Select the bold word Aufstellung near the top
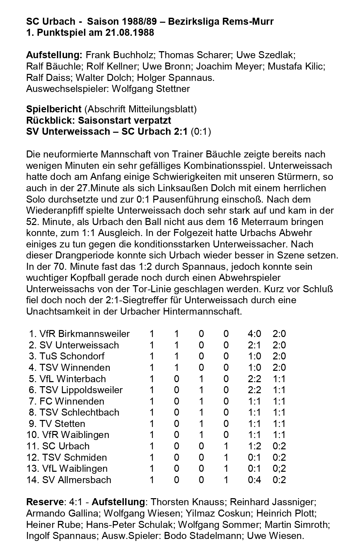click(54, 55)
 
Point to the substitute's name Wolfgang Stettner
click(151, 89)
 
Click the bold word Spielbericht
click(54, 109)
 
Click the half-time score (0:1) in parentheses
click(201, 132)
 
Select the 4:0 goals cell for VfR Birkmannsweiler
click(254, 334)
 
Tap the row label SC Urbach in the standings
click(66, 446)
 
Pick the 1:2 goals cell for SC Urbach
click(254, 446)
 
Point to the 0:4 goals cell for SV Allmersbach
click(254, 480)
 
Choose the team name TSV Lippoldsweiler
click(81, 390)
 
